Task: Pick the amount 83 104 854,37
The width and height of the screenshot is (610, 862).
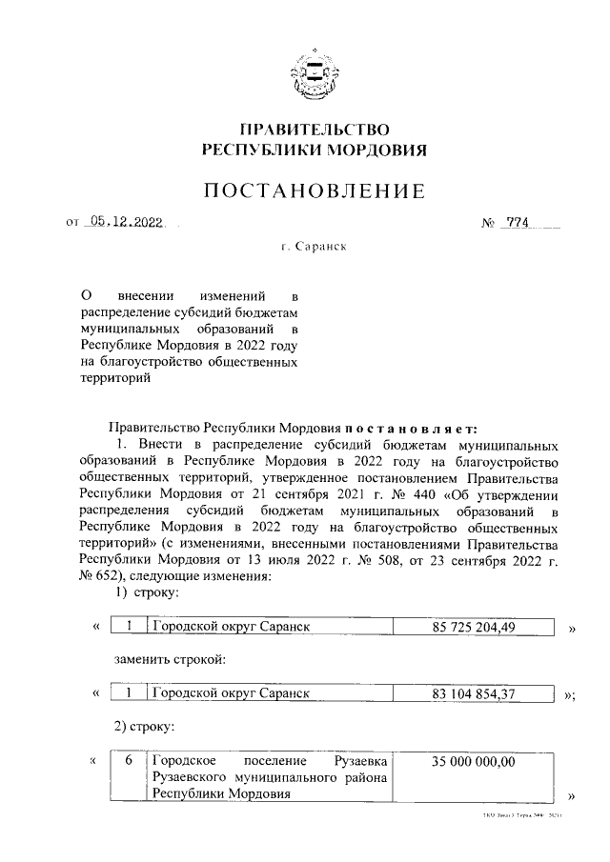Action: point(475,694)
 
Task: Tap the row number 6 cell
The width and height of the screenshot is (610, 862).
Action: point(129,762)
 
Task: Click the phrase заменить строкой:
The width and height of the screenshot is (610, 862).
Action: point(170,659)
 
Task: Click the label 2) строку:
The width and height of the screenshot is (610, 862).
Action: point(142,727)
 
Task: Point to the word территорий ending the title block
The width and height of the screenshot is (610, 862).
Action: point(115,378)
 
